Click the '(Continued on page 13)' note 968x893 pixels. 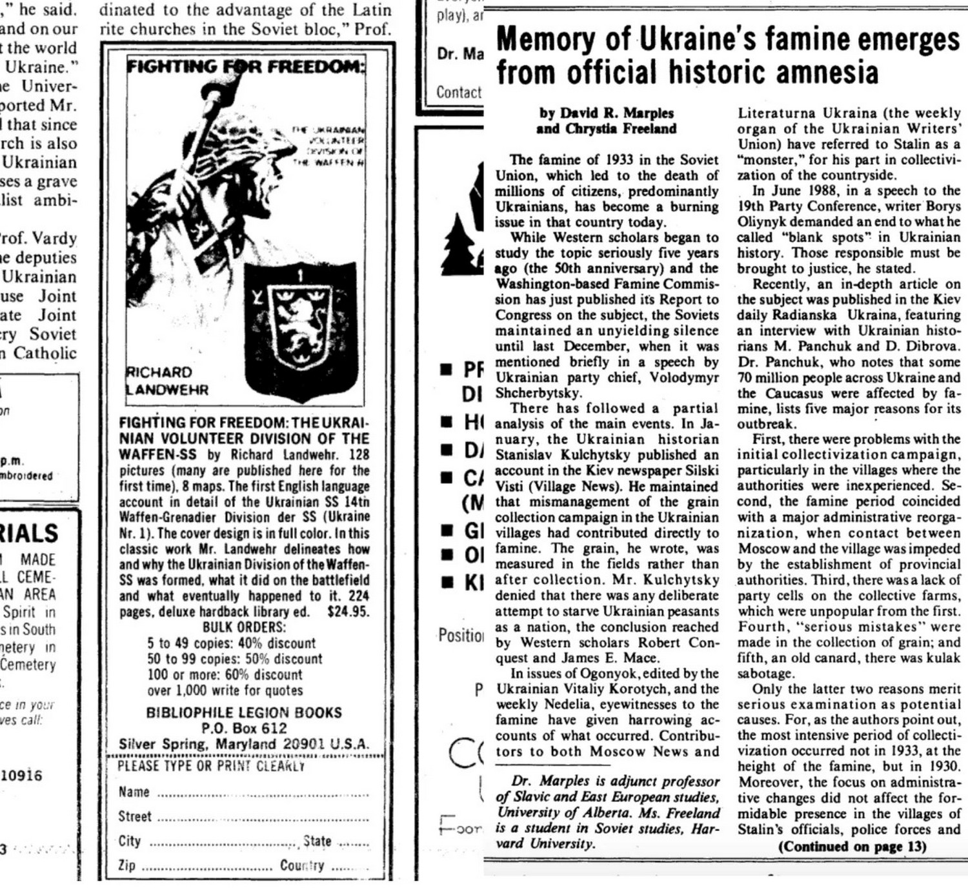pyautogui.click(x=852, y=846)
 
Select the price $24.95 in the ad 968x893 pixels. pyautogui.click(x=348, y=611)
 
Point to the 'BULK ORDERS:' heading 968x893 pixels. pyautogui.click(x=243, y=627)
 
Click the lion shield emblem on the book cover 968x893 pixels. pyautogui.click(x=299, y=328)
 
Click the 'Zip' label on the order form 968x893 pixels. pyautogui.click(x=126, y=865)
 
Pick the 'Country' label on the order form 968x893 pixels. pyautogui.click(x=301, y=865)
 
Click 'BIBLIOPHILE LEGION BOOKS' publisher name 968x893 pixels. pyautogui.click(x=244, y=712)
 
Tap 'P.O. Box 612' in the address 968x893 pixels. pyautogui.click(x=244, y=728)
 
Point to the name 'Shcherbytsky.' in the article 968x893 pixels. pyautogui.click(x=538, y=393)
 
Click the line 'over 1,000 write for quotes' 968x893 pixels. pyautogui.click(x=225, y=690)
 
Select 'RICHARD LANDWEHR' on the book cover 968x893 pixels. pyautogui.click(x=166, y=381)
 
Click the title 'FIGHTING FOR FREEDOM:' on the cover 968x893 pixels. pyautogui.click(x=245, y=66)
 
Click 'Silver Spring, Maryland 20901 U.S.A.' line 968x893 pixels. pyautogui.click(x=244, y=743)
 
